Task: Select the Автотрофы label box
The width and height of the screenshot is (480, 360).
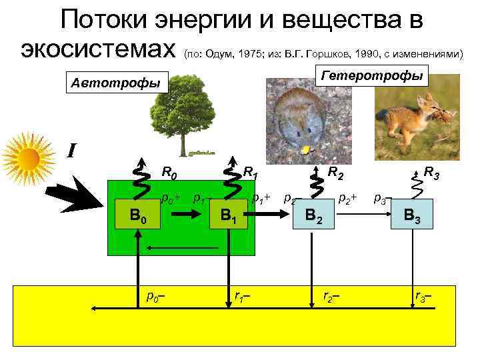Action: pos(116,83)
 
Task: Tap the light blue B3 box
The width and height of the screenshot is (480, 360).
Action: pos(407,215)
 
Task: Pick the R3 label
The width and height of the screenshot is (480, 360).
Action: pos(431,175)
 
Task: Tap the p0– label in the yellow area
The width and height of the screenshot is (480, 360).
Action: pos(155,296)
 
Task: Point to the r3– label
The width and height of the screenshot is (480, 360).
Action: pos(423,296)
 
